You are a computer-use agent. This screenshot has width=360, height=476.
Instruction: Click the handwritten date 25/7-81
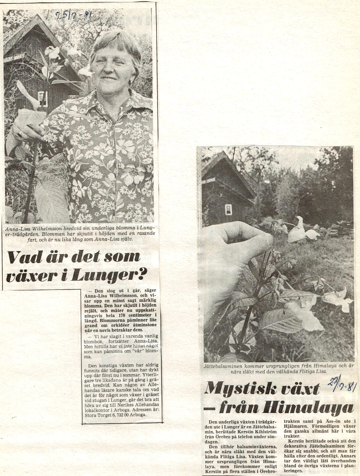[x=73, y=15]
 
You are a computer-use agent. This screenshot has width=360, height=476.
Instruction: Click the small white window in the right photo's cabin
[x=228, y=209]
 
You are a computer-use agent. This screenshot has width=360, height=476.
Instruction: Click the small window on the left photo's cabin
[x=42, y=98]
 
